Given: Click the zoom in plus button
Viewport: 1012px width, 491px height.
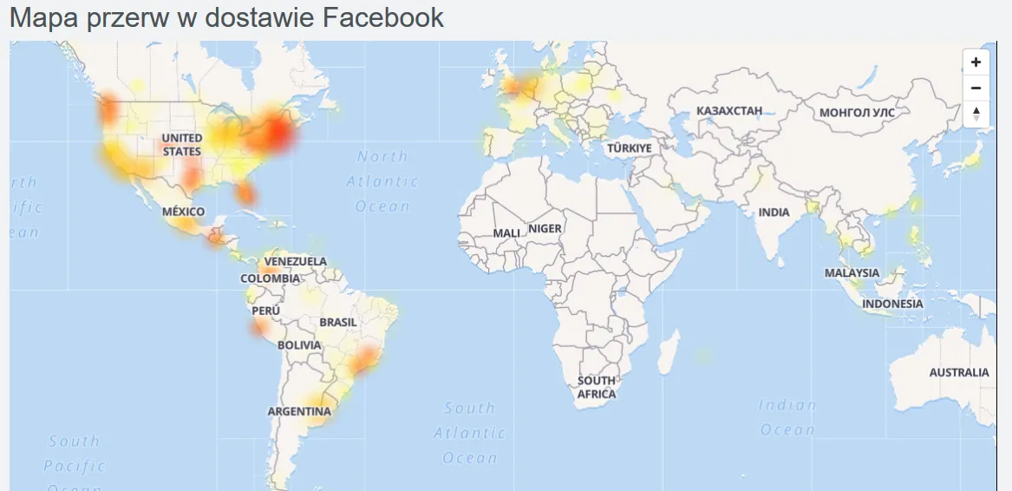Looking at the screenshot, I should [976, 62].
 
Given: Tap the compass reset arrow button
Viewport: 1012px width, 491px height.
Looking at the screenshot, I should [976, 113].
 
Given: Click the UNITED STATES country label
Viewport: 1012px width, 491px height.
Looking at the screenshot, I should [182, 144].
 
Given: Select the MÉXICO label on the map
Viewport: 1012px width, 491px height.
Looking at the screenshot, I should [184, 212].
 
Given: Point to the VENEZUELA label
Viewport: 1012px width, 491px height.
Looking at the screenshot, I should [296, 261].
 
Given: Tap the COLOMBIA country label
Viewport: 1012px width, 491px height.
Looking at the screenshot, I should [271, 278].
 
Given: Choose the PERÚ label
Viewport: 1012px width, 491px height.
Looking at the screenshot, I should [265, 311].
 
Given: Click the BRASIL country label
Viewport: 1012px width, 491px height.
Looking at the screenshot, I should [338, 322].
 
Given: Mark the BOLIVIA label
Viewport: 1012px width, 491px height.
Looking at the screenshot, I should [299, 344].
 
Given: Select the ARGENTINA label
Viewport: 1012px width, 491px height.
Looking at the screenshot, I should [299, 410].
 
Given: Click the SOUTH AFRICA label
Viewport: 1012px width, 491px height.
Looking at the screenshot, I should [597, 387].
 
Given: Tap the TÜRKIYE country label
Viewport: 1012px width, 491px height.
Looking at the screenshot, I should [629, 148].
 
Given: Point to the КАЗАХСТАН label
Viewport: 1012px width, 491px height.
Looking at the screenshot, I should [729, 111].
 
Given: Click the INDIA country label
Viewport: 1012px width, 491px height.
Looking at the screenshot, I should [774, 213].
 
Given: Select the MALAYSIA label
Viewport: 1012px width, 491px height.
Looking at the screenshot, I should [852, 272].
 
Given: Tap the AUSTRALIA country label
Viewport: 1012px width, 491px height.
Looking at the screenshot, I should [959, 372].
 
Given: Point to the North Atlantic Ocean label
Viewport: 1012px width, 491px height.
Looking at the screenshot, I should [382, 181].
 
